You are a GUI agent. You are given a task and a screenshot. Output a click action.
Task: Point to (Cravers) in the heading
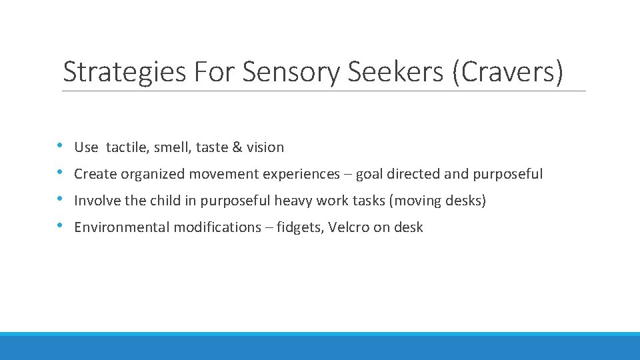coord(507,72)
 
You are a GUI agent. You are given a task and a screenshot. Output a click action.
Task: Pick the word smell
coord(174,147)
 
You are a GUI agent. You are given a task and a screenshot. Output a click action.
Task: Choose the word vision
coord(265,147)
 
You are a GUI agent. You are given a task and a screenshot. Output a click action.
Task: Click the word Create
coord(95,174)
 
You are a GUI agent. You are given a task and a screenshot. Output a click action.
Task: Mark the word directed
coord(413,174)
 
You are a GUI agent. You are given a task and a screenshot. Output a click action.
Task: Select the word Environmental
coord(122,227)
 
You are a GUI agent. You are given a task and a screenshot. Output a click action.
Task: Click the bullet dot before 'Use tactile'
coord(60,145)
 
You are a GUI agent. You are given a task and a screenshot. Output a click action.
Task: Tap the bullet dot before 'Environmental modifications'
coord(60,225)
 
